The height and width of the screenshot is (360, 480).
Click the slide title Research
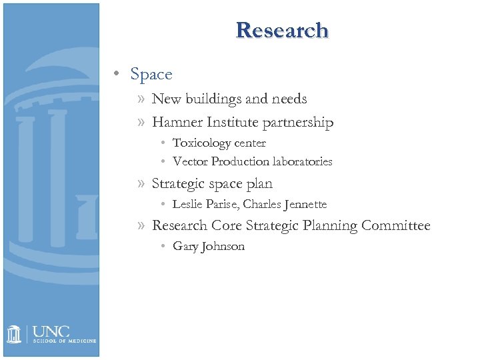[281, 30]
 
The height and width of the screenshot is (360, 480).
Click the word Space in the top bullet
[151, 75]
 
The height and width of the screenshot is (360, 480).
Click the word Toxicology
[197, 143]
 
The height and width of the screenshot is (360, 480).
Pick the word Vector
[190, 162]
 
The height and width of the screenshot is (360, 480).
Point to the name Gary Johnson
[209, 247]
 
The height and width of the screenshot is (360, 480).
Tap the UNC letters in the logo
[51, 331]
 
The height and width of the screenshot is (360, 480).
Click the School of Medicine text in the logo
[65, 341]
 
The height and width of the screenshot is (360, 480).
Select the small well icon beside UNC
[15, 333]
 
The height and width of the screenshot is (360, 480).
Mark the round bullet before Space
[117, 75]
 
